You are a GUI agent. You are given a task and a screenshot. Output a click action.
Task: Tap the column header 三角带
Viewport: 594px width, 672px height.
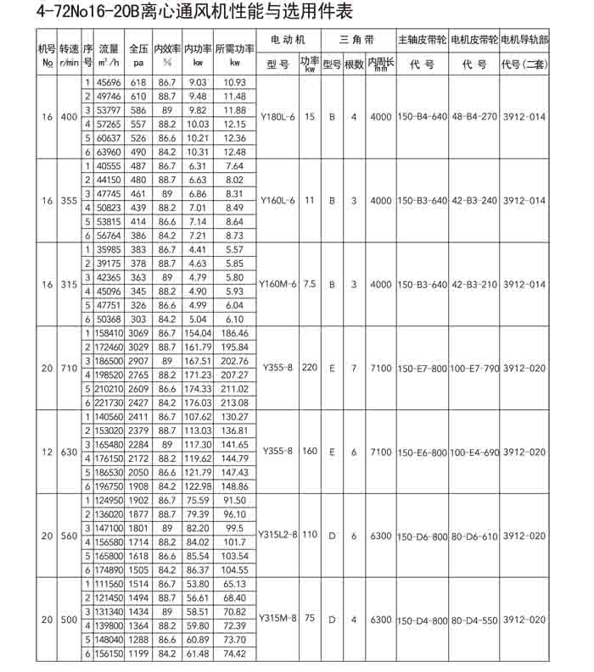click(354, 40)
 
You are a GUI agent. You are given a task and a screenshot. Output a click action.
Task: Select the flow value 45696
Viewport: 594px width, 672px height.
click(109, 82)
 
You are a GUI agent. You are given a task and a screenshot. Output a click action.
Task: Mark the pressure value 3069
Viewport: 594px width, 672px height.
click(138, 335)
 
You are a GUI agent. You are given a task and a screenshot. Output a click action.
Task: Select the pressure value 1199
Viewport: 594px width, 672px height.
click(138, 653)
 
